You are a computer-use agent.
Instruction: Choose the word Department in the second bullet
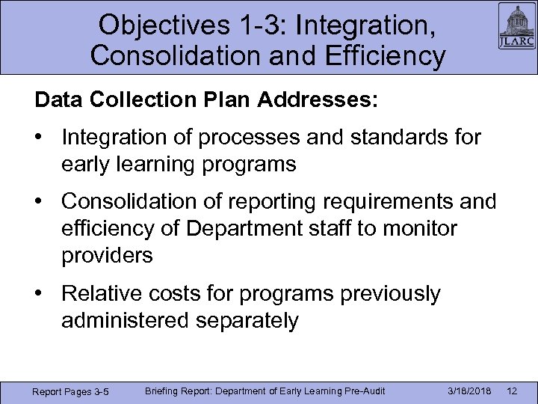tap(234, 229)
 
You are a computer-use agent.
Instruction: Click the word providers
tap(108, 256)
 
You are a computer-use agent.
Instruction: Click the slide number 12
tap(512, 391)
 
